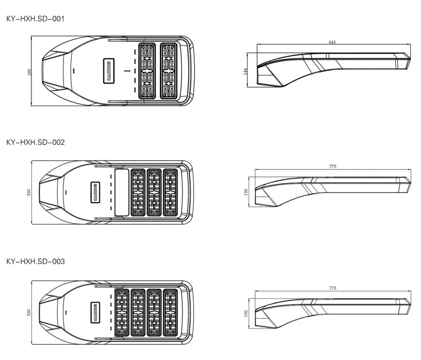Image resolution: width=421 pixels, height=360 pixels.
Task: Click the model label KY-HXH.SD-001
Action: (35, 19)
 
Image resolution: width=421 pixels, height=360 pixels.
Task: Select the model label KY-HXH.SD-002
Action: (35, 142)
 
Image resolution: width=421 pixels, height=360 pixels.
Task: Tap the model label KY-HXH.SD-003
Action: (35, 261)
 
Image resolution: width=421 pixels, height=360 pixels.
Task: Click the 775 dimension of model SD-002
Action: (332, 166)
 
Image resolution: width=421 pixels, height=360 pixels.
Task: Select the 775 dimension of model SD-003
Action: (332, 288)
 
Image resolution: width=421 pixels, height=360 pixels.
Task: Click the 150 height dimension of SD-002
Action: (245, 192)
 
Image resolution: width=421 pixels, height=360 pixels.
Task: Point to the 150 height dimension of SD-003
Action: (245, 313)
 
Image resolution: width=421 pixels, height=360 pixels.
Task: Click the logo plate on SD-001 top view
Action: (108, 71)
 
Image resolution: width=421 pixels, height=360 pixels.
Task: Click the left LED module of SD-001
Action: (147, 71)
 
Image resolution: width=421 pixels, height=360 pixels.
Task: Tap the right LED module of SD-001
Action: (169, 71)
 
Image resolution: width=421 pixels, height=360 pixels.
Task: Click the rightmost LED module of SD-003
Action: (170, 312)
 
